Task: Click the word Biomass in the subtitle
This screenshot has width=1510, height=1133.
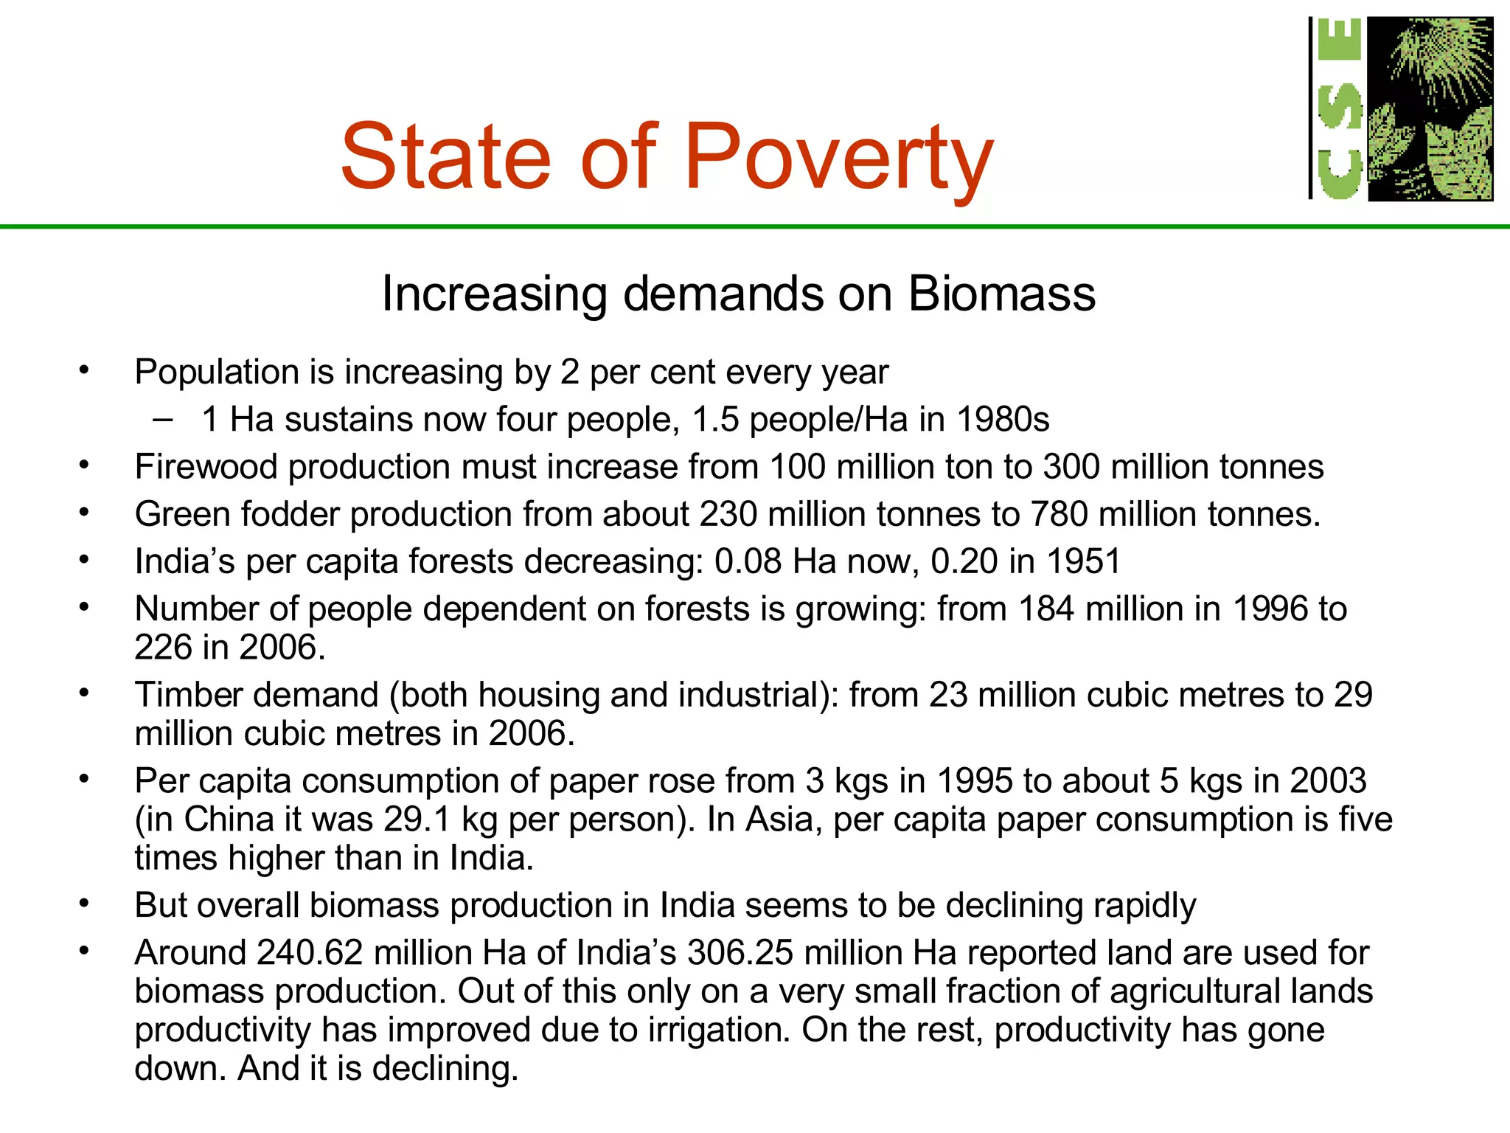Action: click(1001, 294)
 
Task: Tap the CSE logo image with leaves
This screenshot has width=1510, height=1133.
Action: click(1430, 108)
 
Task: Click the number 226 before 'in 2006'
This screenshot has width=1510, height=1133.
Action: click(162, 647)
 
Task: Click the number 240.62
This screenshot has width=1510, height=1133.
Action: click(310, 952)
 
